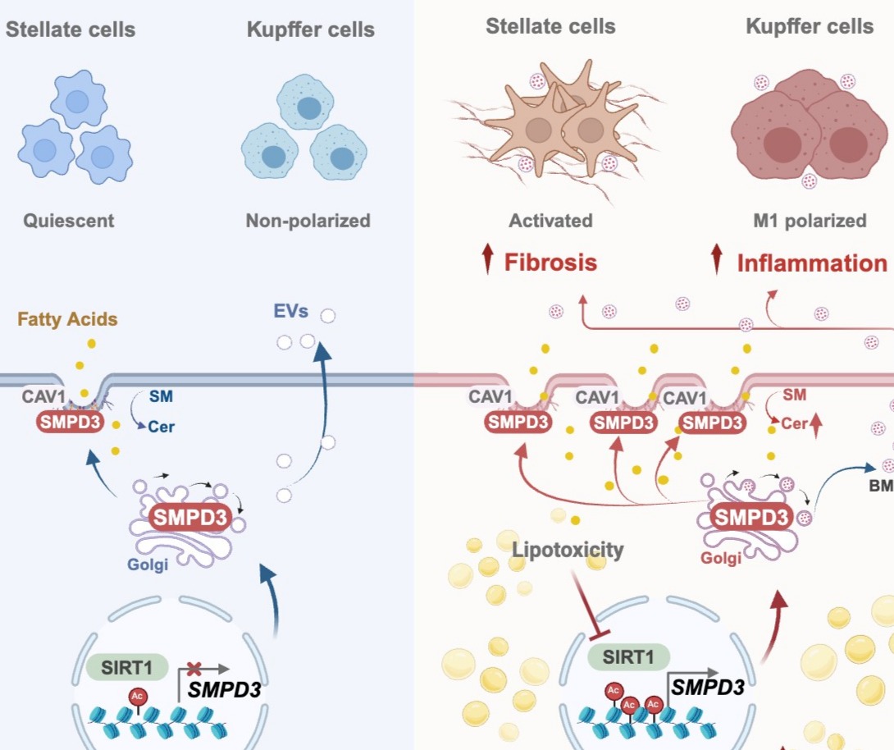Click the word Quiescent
click(69, 221)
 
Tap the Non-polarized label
click(308, 221)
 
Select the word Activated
click(550, 221)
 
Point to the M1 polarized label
click(809, 221)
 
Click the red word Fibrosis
click(550, 263)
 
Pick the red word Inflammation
click(812, 263)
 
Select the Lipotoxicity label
click(568, 550)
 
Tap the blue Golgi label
click(148, 565)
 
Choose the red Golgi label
click(721, 558)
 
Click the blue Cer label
click(162, 427)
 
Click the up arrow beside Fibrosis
click(488, 261)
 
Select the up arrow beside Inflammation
click(718, 261)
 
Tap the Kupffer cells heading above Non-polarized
click(311, 30)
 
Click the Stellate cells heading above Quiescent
click(71, 30)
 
